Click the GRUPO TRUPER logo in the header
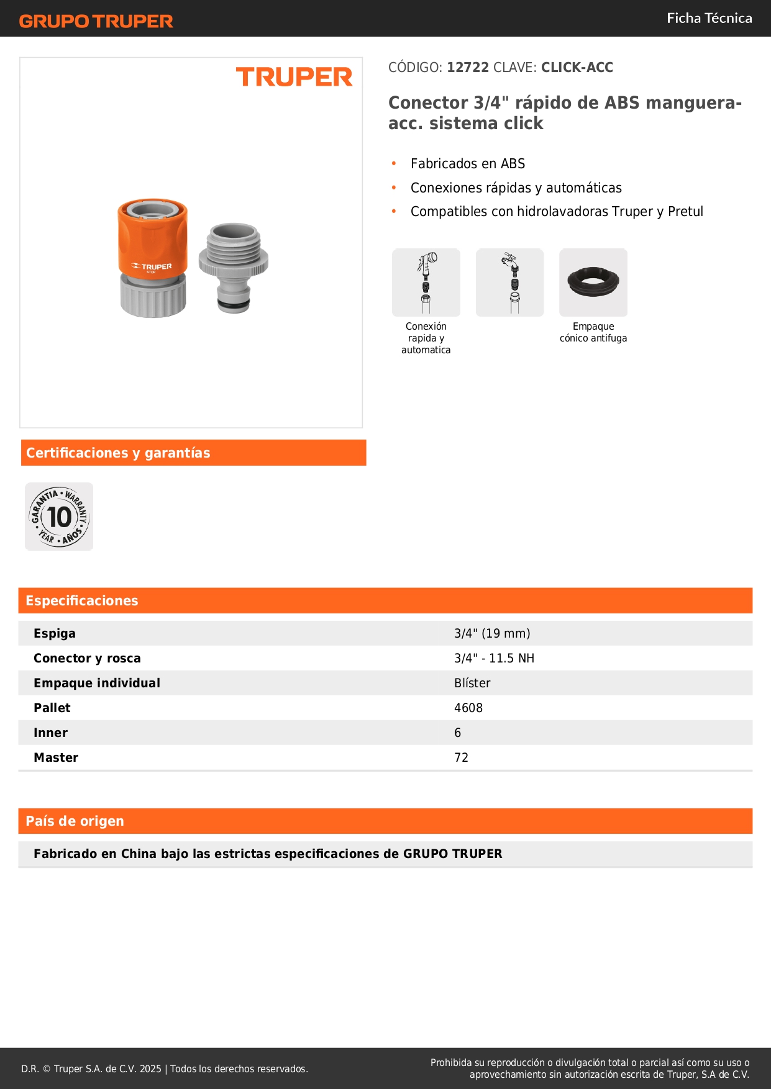click(96, 21)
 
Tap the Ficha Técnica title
click(709, 18)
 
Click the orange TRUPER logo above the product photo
click(294, 77)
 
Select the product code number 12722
click(468, 67)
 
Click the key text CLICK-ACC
click(577, 67)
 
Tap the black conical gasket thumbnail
click(593, 282)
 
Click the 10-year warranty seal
click(59, 517)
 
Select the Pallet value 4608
click(468, 708)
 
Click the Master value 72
click(461, 757)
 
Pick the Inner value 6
click(458, 733)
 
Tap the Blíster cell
click(472, 683)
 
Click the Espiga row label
click(55, 633)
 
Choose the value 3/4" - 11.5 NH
click(494, 658)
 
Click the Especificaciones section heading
click(82, 600)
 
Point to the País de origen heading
click(75, 821)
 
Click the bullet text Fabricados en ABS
click(468, 163)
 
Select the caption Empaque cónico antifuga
click(593, 332)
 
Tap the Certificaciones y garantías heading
click(118, 453)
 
